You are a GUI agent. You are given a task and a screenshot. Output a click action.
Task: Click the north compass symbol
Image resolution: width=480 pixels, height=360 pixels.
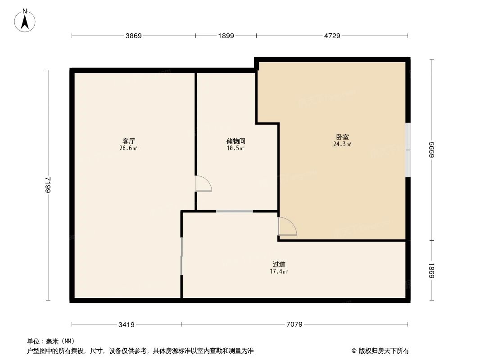[25, 21]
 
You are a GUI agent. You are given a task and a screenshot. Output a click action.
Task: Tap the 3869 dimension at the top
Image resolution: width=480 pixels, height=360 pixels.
[133, 36]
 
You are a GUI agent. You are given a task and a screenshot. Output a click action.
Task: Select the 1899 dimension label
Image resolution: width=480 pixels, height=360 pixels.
[226, 36]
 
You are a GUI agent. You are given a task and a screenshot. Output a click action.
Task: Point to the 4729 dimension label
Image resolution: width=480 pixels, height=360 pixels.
[332, 36]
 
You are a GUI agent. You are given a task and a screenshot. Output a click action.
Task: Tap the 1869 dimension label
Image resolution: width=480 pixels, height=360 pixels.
[432, 270]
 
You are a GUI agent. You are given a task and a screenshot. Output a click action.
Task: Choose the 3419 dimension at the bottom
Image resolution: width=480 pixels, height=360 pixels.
[127, 324]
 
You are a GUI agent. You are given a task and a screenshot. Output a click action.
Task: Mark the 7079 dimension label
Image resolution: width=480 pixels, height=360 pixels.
[294, 324]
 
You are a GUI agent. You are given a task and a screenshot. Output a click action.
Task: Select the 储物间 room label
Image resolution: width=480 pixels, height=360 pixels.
[236, 141]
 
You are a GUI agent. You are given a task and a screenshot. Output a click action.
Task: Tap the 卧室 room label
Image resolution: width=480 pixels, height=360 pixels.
[342, 137]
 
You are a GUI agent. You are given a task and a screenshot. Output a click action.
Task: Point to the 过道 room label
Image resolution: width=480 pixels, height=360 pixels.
[279, 265]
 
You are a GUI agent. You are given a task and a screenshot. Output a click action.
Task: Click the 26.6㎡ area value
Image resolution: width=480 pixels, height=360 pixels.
[128, 148]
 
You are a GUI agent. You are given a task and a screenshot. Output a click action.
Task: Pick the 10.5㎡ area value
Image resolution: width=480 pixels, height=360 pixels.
[236, 148]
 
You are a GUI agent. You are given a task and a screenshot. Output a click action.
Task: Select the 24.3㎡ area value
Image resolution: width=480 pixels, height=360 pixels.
[342, 144]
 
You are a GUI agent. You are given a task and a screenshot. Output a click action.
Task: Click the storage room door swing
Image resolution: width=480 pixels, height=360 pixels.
[203, 184]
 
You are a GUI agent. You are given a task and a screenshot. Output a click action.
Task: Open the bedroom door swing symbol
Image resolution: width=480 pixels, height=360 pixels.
[287, 226]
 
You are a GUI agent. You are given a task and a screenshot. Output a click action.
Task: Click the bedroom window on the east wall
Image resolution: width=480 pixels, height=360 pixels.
[408, 150]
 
